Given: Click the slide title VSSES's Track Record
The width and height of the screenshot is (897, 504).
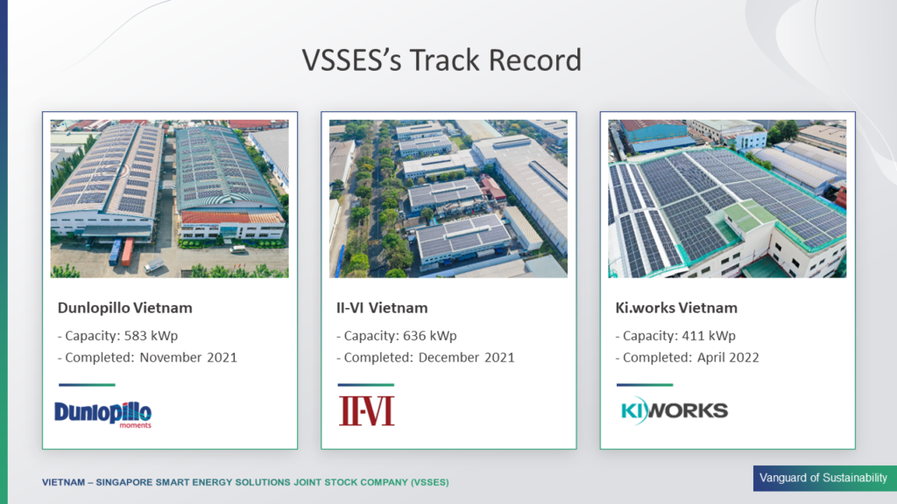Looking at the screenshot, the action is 441,60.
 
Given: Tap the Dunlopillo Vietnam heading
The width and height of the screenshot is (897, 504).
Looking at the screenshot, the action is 124,308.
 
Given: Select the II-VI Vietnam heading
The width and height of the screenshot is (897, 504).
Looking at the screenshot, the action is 382,308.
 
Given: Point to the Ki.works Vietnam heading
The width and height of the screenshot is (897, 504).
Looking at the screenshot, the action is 676,308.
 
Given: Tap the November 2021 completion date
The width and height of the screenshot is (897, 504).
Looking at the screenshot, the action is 188,357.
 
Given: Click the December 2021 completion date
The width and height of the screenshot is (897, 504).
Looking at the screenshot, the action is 466,357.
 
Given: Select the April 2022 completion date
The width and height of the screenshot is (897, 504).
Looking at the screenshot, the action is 728,358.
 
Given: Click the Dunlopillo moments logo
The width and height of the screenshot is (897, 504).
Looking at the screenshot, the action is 103,414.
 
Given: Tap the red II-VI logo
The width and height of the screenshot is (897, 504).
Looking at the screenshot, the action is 366,411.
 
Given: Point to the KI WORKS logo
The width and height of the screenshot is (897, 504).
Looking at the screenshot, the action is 675,410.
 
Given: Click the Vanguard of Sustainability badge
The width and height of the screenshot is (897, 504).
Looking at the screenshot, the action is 824,479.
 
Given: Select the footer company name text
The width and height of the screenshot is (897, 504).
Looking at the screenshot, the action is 245,482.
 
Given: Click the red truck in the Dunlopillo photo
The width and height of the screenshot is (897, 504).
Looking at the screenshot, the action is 127,251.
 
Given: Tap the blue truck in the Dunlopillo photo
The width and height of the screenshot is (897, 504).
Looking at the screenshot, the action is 115,252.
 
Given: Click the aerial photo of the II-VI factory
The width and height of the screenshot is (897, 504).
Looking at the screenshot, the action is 448,199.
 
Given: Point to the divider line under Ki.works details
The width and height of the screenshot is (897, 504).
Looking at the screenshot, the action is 645,385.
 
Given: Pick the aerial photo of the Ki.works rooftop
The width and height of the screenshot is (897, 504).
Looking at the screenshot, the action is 727,199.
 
